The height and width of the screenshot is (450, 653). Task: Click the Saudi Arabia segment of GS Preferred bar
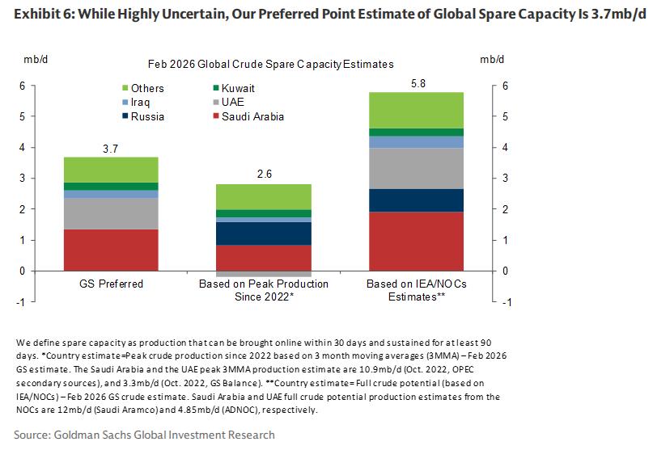coord(112,250)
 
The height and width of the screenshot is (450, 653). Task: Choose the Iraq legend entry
coord(147,103)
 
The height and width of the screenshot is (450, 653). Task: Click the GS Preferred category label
coord(112,284)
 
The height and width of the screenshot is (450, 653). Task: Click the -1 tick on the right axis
coord(507,302)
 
